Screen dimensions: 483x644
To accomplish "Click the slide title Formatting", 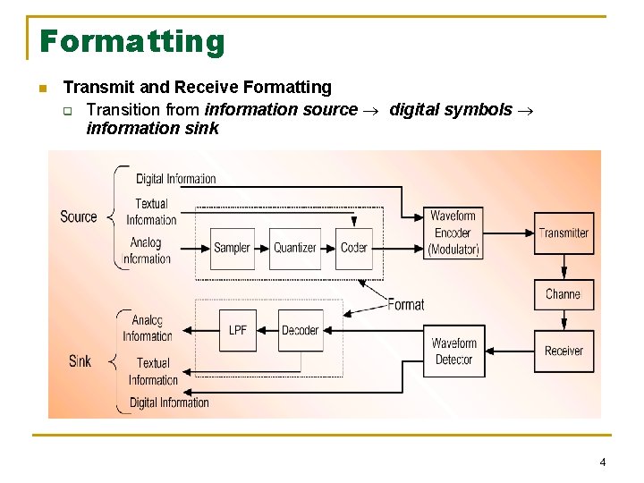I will click(131, 41).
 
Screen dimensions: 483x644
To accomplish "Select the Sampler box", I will click(232, 248).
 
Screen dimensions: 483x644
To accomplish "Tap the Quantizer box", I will click(295, 248).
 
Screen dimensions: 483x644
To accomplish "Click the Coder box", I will click(354, 248).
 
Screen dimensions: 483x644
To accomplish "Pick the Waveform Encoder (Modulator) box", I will click(453, 233).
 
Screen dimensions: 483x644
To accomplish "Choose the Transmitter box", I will click(563, 233).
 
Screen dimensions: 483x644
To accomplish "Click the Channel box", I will click(563, 294).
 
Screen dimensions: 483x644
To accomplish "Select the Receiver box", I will click(563, 352).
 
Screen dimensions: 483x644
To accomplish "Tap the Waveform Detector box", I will click(453, 352).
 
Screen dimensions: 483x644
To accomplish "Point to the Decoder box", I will click(300, 330).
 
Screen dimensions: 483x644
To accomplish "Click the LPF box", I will click(238, 330).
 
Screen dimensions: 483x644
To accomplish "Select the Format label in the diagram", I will click(405, 305).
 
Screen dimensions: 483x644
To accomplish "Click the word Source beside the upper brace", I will click(79, 217).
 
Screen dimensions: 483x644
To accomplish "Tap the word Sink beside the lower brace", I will click(80, 361).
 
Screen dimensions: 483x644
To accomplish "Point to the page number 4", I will click(602, 462).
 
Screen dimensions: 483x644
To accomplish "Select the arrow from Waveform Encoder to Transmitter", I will click(508, 233).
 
